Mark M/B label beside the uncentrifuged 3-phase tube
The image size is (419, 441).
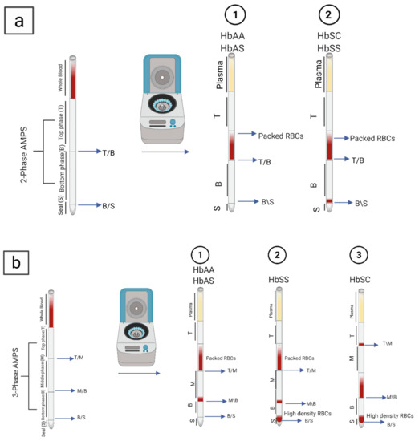(82, 391)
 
